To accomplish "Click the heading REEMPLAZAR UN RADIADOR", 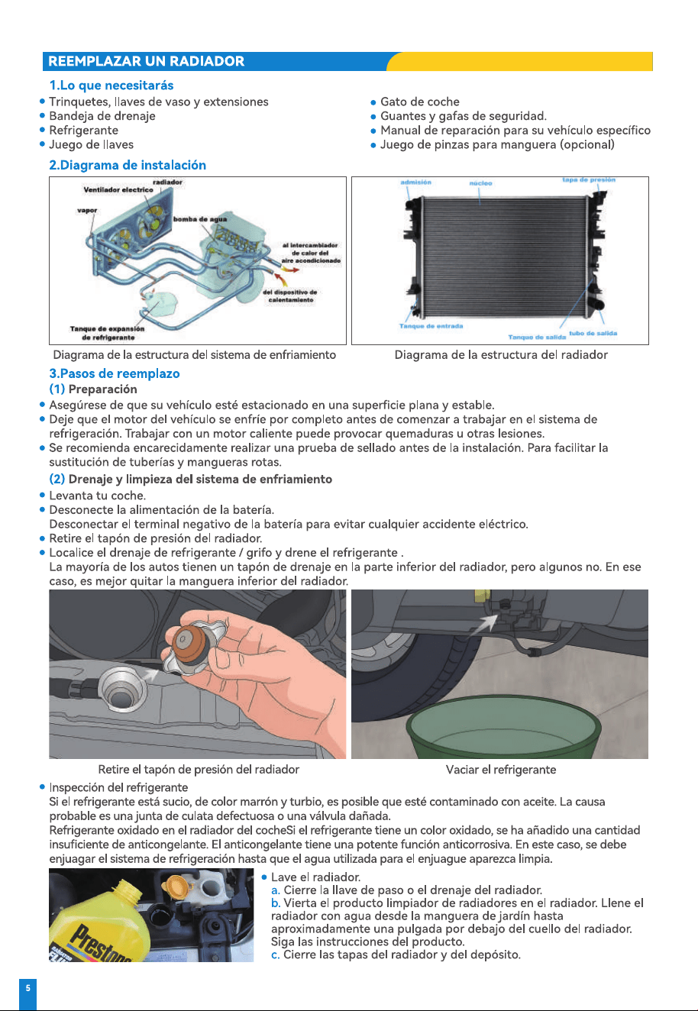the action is [x=147, y=61].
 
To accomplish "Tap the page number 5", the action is [x=28, y=988].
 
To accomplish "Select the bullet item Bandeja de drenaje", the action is [x=102, y=116].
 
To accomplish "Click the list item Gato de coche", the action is [x=420, y=102].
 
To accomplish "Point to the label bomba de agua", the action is [x=200, y=219].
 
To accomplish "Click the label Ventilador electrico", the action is [x=118, y=190].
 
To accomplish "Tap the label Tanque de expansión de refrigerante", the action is [x=108, y=333].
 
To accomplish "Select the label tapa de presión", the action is [x=589, y=179].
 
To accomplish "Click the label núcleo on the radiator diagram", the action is [x=481, y=183].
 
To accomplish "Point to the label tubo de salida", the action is [x=593, y=333].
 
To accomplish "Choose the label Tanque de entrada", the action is [x=431, y=326].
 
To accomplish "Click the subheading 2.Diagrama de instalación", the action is [x=128, y=165].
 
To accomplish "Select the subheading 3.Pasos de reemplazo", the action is [x=115, y=373].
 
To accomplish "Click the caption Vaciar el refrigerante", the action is [x=501, y=770].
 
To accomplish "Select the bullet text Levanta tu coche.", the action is [x=98, y=496].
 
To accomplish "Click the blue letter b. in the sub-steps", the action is [x=276, y=903].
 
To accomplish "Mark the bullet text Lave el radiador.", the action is [x=315, y=877].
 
